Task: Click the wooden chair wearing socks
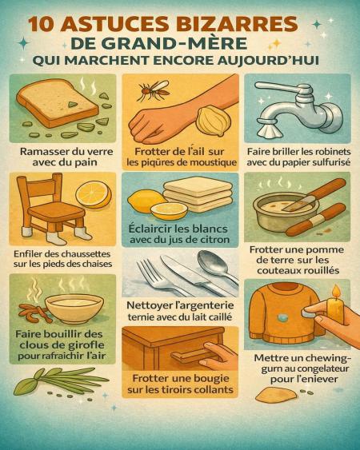pos(52,208)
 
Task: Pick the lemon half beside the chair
pos(94,194)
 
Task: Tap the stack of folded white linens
pos(198,193)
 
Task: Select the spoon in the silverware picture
pos(218,265)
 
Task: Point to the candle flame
pos(336,293)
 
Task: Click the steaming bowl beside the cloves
pos(74,309)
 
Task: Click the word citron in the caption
pos(212,240)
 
